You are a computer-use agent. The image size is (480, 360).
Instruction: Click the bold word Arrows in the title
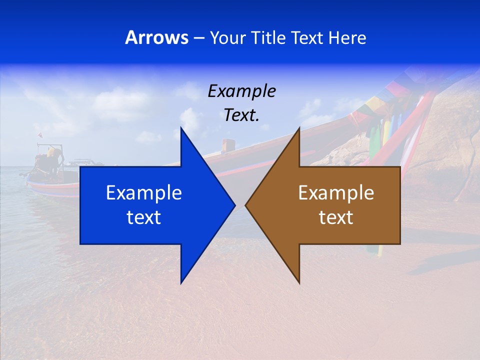coord(157,37)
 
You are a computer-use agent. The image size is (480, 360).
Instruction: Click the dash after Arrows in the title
coord(198,38)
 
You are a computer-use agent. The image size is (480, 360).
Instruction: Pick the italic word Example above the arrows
coord(242,91)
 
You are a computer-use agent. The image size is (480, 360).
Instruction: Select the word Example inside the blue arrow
coord(144,193)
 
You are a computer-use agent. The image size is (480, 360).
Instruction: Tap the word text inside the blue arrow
coord(144,217)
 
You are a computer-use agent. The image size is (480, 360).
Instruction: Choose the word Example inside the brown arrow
coord(336,193)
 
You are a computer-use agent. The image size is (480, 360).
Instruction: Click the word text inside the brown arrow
coord(336,217)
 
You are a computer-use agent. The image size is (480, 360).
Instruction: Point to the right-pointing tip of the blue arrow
coord(234,205)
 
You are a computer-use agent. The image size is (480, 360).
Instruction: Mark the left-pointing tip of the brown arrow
coord(246,205)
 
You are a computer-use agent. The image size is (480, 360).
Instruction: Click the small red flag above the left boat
coord(40,135)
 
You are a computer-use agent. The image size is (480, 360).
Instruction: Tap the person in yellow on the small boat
coord(50,152)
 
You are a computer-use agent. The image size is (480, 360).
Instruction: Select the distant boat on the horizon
coord(82,162)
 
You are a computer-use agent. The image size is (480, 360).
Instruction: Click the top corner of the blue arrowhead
coord(181,128)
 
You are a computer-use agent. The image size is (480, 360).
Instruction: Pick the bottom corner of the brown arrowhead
coord(299,282)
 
